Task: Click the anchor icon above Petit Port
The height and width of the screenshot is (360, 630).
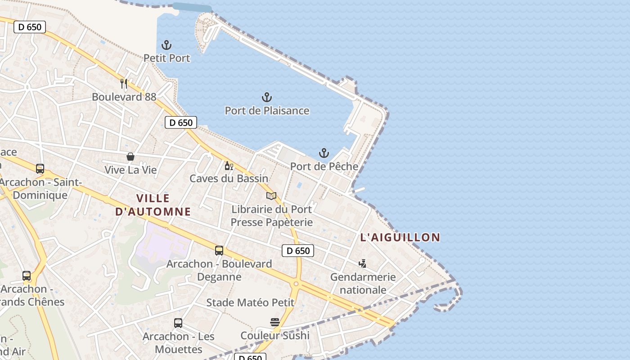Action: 166,45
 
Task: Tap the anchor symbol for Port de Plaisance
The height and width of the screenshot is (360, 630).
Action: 267,97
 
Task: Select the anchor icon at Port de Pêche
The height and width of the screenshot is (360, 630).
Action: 324,153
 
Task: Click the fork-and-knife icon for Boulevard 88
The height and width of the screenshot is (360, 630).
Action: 124,83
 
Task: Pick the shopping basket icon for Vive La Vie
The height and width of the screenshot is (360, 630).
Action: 130,157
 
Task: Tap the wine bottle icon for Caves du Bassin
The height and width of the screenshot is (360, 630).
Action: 229,166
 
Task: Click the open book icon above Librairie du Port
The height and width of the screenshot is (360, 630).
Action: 271,196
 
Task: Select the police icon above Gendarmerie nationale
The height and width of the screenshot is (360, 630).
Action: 362,264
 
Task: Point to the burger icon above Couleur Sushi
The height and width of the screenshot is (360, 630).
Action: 275,322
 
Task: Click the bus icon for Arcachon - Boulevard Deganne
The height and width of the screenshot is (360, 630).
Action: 219,251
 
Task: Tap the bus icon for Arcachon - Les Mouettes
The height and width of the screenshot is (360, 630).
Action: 178,323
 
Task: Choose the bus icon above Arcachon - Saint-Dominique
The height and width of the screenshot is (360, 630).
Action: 40,169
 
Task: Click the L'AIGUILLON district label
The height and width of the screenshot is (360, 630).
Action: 400,238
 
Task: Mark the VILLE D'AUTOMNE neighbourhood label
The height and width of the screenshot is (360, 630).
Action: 153,205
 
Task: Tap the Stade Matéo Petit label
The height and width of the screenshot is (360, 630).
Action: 250,303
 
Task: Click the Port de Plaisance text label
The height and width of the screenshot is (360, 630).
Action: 267,111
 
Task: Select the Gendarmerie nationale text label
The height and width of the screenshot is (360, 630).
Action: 363,283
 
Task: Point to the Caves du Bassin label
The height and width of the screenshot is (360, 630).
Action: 229,179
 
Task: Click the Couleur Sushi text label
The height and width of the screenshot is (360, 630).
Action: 275,336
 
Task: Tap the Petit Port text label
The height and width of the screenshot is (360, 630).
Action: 166,58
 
